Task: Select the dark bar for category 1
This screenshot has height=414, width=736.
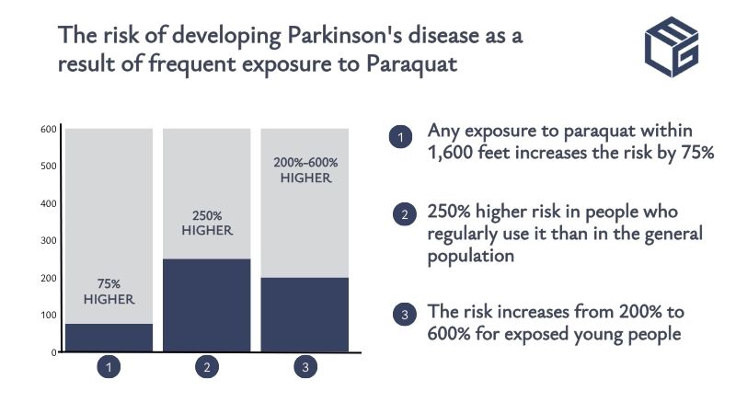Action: pyautogui.click(x=109, y=337)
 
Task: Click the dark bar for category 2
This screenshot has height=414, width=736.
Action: pyautogui.click(x=207, y=305)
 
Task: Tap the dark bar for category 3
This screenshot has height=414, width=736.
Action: pyautogui.click(x=305, y=314)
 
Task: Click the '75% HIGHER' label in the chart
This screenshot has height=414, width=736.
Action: pyautogui.click(x=109, y=292)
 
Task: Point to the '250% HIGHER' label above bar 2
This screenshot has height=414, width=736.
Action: pyautogui.click(x=207, y=222)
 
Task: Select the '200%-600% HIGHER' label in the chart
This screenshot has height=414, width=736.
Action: pyautogui.click(x=305, y=170)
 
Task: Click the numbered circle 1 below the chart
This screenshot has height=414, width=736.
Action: pyautogui.click(x=109, y=368)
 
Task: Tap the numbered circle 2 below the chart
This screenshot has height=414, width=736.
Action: pyautogui.click(x=207, y=368)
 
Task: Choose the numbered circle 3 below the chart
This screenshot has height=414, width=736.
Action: pyautogui.click(x=305, y=368)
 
